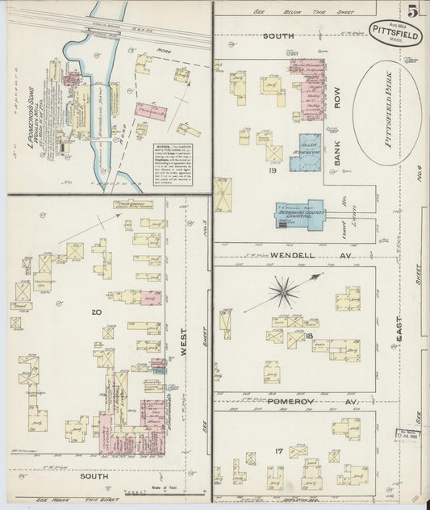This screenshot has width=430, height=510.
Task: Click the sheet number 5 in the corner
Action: coord(412,12)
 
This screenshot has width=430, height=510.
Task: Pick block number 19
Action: coord(273,170)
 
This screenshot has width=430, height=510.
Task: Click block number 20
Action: coord(97,311)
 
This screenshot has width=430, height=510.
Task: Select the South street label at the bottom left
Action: coord(95,477)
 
